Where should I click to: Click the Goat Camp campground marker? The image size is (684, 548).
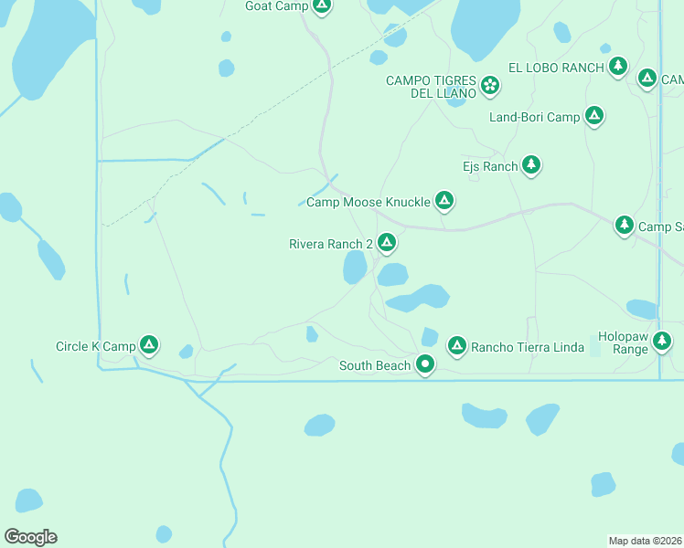(x=321, y=5)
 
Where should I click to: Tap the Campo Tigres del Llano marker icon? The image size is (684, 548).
(x=491, y=86)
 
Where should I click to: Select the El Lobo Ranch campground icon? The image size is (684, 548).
(x=619, y=66)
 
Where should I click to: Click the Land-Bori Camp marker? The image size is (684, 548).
(x=594, y=116)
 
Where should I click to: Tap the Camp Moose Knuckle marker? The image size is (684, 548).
(x=444, y=200)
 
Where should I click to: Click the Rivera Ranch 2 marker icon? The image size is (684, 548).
(x=387, y=243)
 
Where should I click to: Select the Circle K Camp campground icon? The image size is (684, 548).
(x=149, y=345)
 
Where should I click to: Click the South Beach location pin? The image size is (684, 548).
(x=425, y=364)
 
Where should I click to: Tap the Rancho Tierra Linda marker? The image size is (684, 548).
(x=456, y=345)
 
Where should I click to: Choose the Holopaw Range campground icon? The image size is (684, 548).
(x=662, y=342)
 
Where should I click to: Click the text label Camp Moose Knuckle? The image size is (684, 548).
(x=368, y=202)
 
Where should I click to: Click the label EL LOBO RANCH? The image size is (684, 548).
(x=556, y=68)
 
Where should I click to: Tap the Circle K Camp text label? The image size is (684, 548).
(x=95, y=347)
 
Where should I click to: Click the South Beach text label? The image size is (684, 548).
(x=375, y=366)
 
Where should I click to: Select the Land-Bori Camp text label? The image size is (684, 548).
(x=535, y=117)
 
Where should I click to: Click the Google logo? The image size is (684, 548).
(x=30, y=537)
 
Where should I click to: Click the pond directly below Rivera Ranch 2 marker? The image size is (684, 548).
(x=355, y=268)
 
